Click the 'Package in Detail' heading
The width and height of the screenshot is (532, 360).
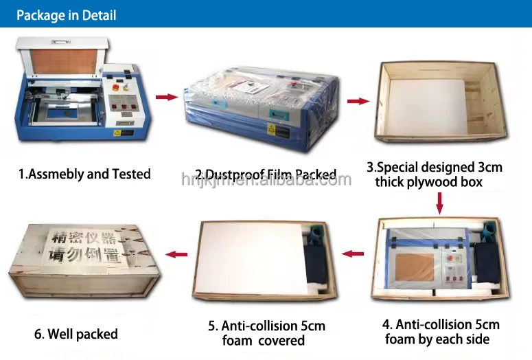click(x=67, y=15)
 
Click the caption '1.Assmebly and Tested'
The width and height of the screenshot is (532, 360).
click(x=84, y=175)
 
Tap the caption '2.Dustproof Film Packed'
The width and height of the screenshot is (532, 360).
click(x=265, y=175)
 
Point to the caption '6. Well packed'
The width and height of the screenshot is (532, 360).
click(x=76, y=335)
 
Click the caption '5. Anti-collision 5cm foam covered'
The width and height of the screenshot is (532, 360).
click(x=266, y=333)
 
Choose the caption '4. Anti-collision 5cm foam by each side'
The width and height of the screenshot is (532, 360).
click(x=441, y=331)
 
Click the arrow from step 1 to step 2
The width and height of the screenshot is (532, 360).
click(x=166, y=97)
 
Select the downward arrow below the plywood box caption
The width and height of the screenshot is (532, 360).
click(x=440, y=203)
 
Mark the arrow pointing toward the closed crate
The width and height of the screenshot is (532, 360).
click(x=178, y=254)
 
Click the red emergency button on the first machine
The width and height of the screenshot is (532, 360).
click(x=114, y=88)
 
